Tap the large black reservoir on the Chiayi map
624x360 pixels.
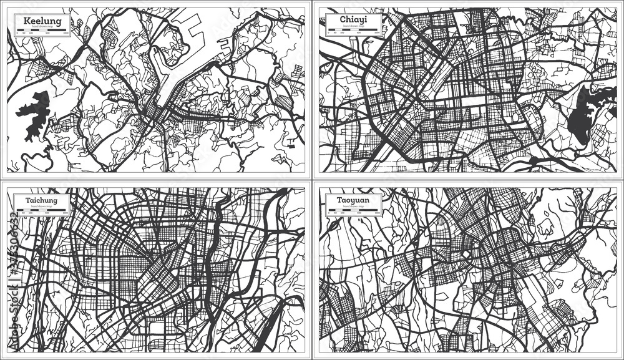583,115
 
